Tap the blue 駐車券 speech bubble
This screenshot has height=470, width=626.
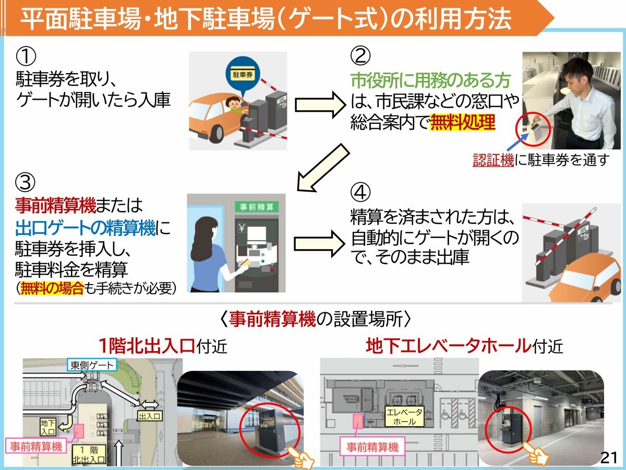(x=242, y=74)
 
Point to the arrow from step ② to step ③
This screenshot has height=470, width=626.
(x=322, y=168)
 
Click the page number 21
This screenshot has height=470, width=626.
(x=609, y=457)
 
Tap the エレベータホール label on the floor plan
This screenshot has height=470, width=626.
(x=404, y=416)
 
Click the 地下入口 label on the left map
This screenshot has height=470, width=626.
(x=47, y=428)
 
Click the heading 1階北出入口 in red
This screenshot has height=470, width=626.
(x=147, y=346)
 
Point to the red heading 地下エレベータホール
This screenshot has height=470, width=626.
(x=448, y=346)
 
